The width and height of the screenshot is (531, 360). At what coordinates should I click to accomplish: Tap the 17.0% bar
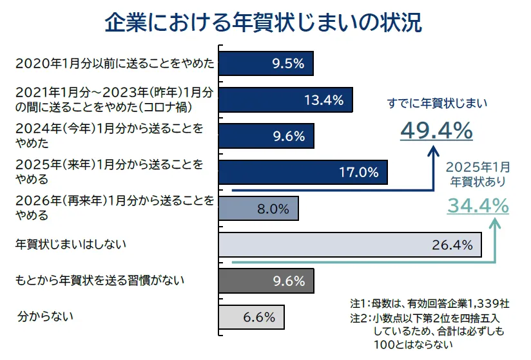point(303,172)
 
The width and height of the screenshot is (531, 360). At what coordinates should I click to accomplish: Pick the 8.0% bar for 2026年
point(258,208)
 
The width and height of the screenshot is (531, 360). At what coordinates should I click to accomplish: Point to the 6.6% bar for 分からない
point(251,317)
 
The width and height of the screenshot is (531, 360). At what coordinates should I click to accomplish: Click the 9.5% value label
point(288,64)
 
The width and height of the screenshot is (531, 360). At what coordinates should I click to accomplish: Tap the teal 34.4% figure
point(478,206)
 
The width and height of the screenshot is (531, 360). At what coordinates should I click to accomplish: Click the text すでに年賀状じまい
point(437,103)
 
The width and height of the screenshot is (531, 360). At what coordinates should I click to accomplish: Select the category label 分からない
point(46,316)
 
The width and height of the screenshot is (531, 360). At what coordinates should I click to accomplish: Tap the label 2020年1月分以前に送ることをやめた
point(115,64)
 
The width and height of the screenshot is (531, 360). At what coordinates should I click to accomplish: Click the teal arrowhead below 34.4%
point(495,225)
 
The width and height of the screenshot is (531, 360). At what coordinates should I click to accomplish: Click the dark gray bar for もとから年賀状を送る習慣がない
point(266,281)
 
